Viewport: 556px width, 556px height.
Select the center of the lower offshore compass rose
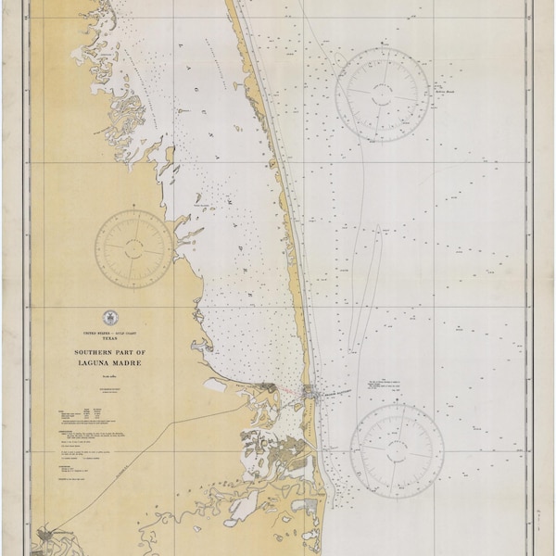tap(397, 442)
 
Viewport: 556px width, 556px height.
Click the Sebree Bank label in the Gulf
tap(438, 91)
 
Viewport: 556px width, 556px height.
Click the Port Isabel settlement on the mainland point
tap(269, 389)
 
